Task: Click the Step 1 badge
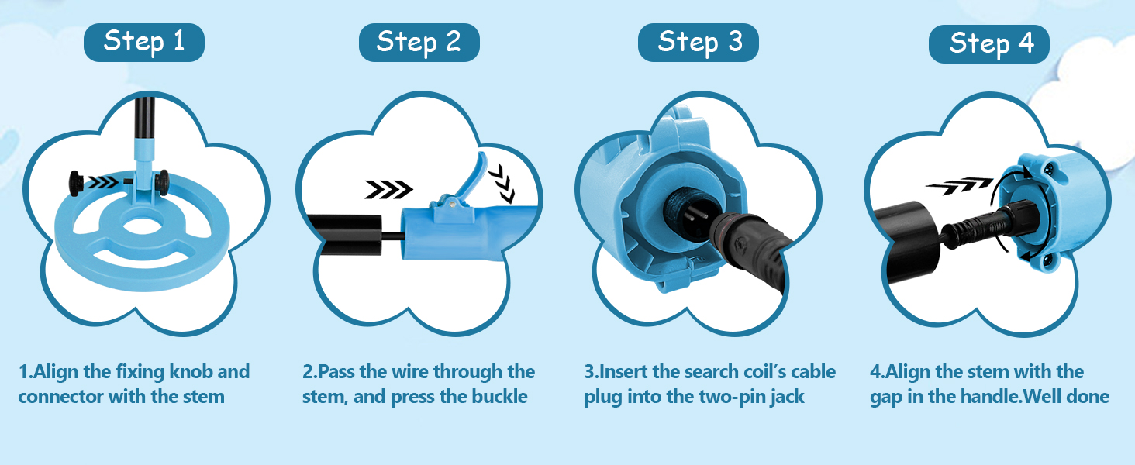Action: coord(144,43)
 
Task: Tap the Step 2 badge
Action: coord(419,43)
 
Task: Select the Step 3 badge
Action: coord(699,43)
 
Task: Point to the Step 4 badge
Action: coord(989,44)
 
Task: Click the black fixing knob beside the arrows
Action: coord(77,183)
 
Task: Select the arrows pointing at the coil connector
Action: coord(103,182)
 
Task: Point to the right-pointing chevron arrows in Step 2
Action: coord(388,189)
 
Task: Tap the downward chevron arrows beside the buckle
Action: coord(502,183)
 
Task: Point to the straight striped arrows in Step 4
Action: coord(959,185)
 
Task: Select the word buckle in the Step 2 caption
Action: coord(499,397)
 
